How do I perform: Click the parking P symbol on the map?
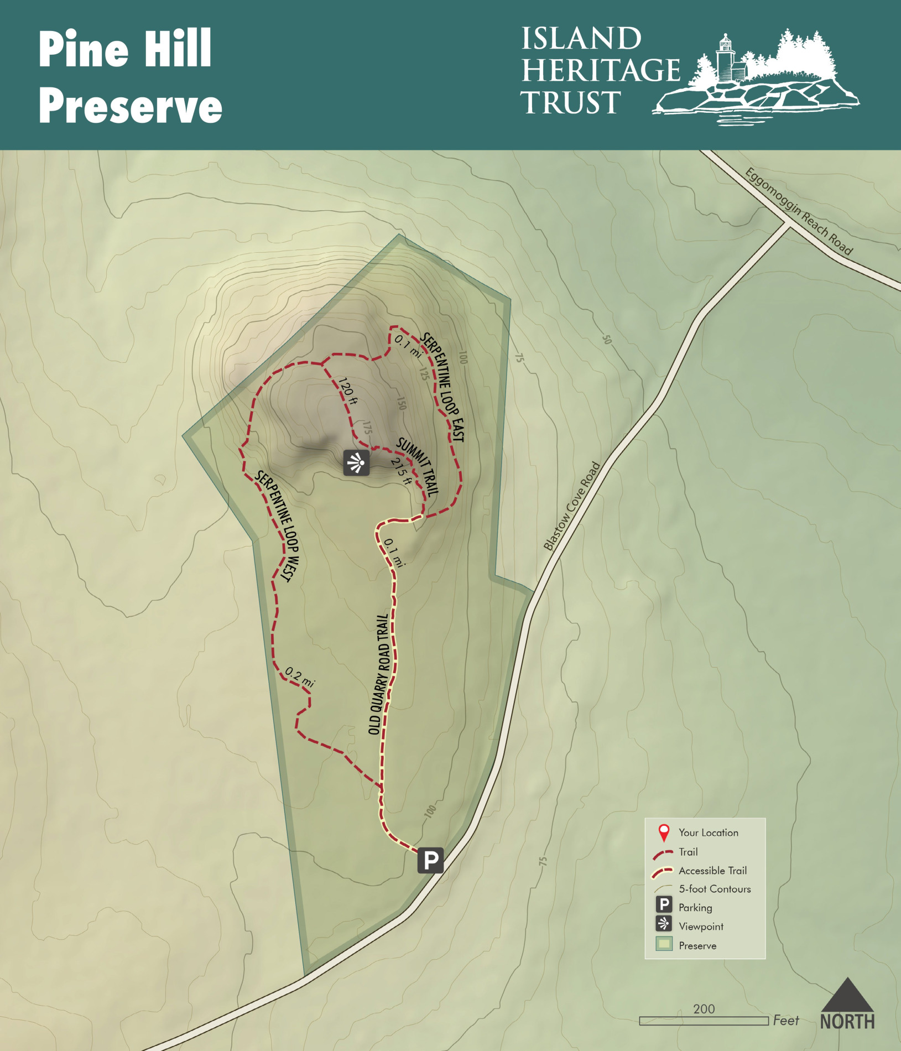pos(430,860)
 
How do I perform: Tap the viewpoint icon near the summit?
pos(356,462)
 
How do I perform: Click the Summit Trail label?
pos(418,466)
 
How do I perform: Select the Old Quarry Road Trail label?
pos(379,674)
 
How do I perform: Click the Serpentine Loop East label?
pos(442,387)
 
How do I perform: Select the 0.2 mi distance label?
pos(299,677)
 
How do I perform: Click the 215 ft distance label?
pos(401,471)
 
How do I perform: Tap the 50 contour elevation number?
pos(607,340)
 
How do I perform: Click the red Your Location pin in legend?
pos(664,833)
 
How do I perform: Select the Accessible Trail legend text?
pos(712,871)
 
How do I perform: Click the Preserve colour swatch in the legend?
pos(664,944)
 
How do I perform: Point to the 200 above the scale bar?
pos(704,1009)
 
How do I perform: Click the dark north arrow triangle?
pos(847,996)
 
